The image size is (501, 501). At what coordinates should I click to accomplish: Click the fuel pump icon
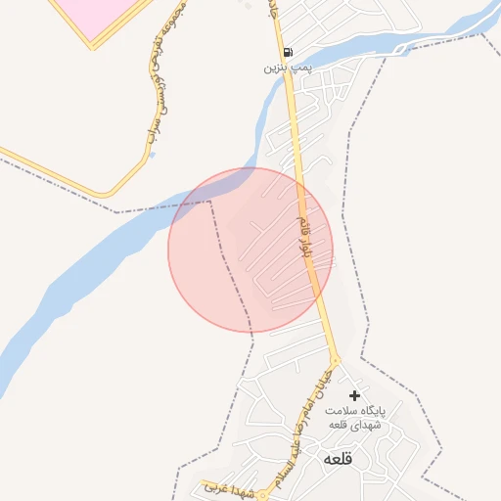coord(286,53)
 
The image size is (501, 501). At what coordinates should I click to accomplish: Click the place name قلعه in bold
coord(336,458)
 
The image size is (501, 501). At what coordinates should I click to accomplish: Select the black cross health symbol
coord(354,394)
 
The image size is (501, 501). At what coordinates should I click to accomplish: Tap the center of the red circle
coord(250,250)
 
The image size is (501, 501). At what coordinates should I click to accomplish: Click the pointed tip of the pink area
coord(94,44)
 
